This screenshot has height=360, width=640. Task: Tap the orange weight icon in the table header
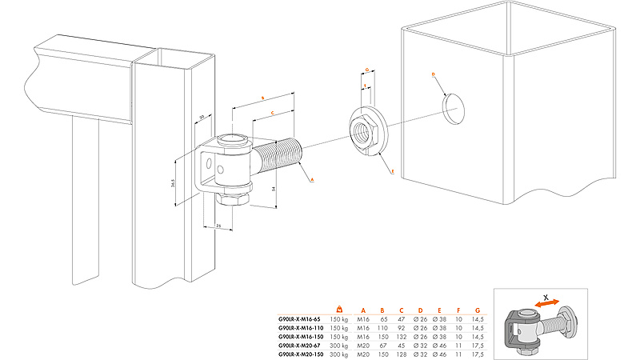pos(340,308)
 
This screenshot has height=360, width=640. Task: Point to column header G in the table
pos(478,309)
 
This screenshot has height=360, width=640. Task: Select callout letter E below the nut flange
pos(392,170)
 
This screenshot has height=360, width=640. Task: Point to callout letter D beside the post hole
pos(433,74)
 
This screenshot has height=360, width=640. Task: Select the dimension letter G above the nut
pos(366,70)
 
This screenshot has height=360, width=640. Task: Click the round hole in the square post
pos(453,107)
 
